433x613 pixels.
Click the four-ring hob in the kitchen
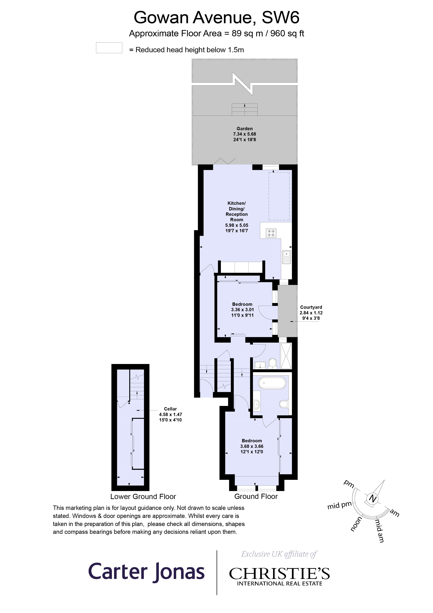point(271,233)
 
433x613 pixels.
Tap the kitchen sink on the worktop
point(287,257)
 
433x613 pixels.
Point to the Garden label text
point(244,129)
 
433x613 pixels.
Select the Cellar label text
point(170,409)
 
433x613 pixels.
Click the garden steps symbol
point(245,109)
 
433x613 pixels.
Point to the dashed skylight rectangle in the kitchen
point(279,196)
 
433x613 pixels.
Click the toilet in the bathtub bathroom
point(284,404)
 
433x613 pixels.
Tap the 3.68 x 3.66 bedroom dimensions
point(252,446)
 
